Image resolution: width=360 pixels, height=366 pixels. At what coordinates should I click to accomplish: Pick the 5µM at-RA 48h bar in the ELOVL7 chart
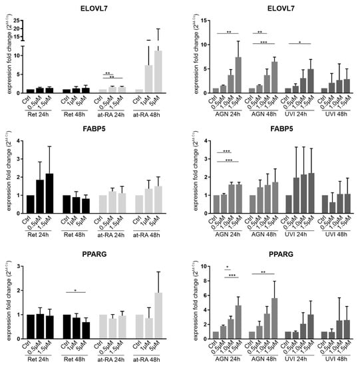(158, 71)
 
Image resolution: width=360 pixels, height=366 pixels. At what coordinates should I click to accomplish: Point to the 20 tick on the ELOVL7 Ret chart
(19, 21)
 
